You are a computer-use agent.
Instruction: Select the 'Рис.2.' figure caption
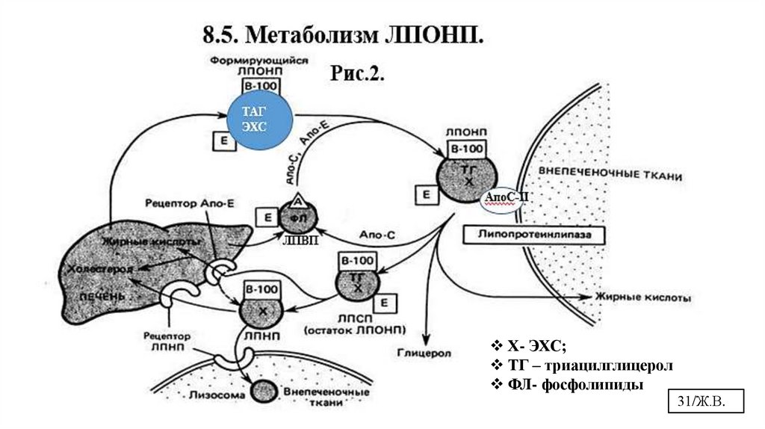pyautogui.click(x=356, y=74)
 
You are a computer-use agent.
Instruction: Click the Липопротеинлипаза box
pyautogui.click(x=534, y=234)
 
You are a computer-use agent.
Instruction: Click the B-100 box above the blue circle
pyautogui.click(x=258, y=86)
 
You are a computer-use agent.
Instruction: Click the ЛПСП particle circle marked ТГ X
pyautogui.click(x=359, y=283)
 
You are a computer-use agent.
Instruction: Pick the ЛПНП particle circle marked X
pyautogui.click(x=257, y=309)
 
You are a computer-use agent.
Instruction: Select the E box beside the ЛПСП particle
pyautogui.click(x=383, y=302)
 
